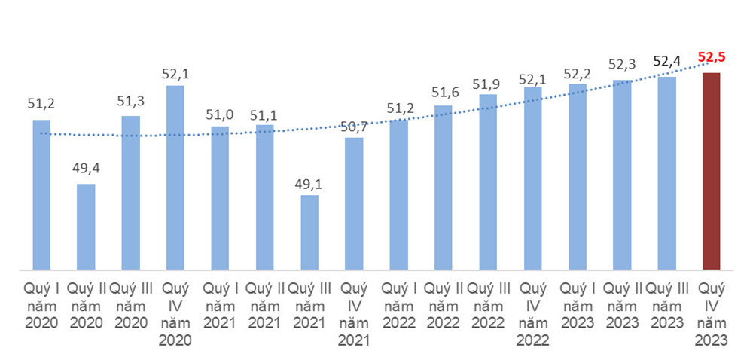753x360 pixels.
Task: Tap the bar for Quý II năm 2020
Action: (87, 226)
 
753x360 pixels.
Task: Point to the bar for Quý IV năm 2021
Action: (354, 203)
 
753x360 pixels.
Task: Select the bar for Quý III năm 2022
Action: (488, 182)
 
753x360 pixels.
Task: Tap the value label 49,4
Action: (87, 168)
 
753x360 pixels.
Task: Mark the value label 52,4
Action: (666, 60)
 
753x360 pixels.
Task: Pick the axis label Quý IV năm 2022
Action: (532, 314)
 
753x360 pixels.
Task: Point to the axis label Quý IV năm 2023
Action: (711, 314)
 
